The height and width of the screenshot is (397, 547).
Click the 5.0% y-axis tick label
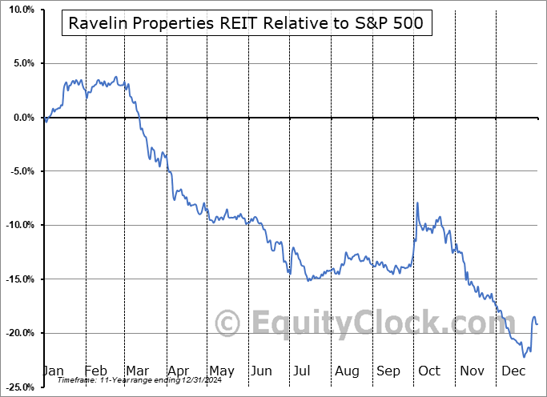20,63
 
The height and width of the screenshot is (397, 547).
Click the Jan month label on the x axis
52,371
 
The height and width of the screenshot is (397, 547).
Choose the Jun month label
261,371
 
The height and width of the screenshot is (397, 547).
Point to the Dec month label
513,371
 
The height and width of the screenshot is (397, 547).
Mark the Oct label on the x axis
429,371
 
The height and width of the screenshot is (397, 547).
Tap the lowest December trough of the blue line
524,356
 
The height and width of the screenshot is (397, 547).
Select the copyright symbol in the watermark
229,324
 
